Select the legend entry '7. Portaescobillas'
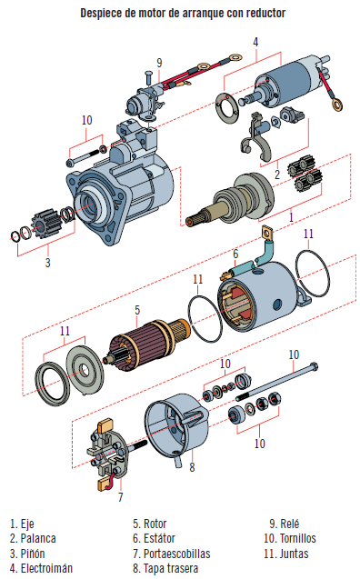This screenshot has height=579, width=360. [172, 554]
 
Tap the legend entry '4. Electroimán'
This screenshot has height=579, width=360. [41, 568]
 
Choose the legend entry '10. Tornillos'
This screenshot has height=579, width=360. [290, 538]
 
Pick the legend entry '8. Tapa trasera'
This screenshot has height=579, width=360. [165, 568]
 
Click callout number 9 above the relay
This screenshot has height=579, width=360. [159, 63]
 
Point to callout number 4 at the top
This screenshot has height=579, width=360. [255, 42]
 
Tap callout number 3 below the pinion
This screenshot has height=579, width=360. [47, 263]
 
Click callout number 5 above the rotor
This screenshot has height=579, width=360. [137, 310]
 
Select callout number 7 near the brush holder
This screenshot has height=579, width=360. [120, 497]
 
